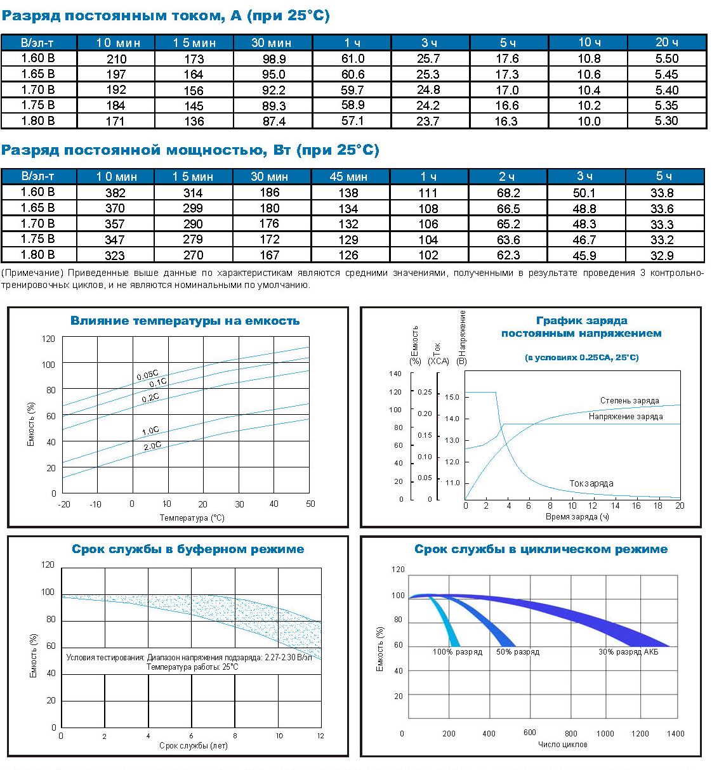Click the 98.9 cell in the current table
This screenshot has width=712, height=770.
(274, 59)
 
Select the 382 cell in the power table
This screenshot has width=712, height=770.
(115, 193)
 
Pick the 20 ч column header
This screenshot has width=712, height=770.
(666, 42)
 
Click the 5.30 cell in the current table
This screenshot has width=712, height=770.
(666, 121)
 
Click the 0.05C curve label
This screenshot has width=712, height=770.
(147, 375)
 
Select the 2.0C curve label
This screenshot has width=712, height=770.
(152, 446)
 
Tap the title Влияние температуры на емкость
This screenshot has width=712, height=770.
(185, 321)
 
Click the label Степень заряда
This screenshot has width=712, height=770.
(630, 401)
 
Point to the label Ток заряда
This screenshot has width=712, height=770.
(591, 483)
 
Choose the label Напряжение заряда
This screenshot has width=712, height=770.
(625, 417)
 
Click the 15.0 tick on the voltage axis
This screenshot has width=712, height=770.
(452, 398)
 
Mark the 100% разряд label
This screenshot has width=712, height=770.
(457, 652)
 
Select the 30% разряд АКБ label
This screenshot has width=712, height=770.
(628, 652)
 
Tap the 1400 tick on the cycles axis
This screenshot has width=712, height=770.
(675, 734)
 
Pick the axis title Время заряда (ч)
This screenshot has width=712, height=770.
(577, 517)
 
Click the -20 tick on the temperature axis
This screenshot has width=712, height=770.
(63, 504)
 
